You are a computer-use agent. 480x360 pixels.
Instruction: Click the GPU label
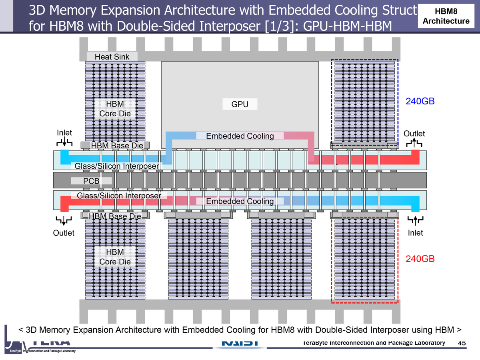point(240,105)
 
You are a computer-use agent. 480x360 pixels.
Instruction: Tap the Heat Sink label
point(112,57)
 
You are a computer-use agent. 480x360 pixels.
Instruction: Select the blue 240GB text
point(420,101)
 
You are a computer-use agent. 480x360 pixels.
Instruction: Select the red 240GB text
point(420,259)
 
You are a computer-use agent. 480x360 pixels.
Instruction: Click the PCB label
point(91,181)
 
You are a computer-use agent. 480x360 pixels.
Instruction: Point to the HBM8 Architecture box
point(446,16)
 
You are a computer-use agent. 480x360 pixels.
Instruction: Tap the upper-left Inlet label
point(64,133)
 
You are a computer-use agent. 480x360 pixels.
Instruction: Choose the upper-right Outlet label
point(414,134)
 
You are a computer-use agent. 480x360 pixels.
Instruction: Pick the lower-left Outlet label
point(64,233)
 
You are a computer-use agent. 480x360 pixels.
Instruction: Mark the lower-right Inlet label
point(415,233)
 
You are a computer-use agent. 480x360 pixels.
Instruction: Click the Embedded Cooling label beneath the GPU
point(240,136)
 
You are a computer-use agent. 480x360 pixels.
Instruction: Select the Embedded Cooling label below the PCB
point(240,201)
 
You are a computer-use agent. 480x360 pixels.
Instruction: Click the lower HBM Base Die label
point(115,216)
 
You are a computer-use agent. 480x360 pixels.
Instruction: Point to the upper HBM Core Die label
point(115,109)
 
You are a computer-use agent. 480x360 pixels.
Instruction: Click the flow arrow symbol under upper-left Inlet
point(64,143)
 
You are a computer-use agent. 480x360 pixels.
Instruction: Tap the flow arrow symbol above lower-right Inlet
point(415,219)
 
